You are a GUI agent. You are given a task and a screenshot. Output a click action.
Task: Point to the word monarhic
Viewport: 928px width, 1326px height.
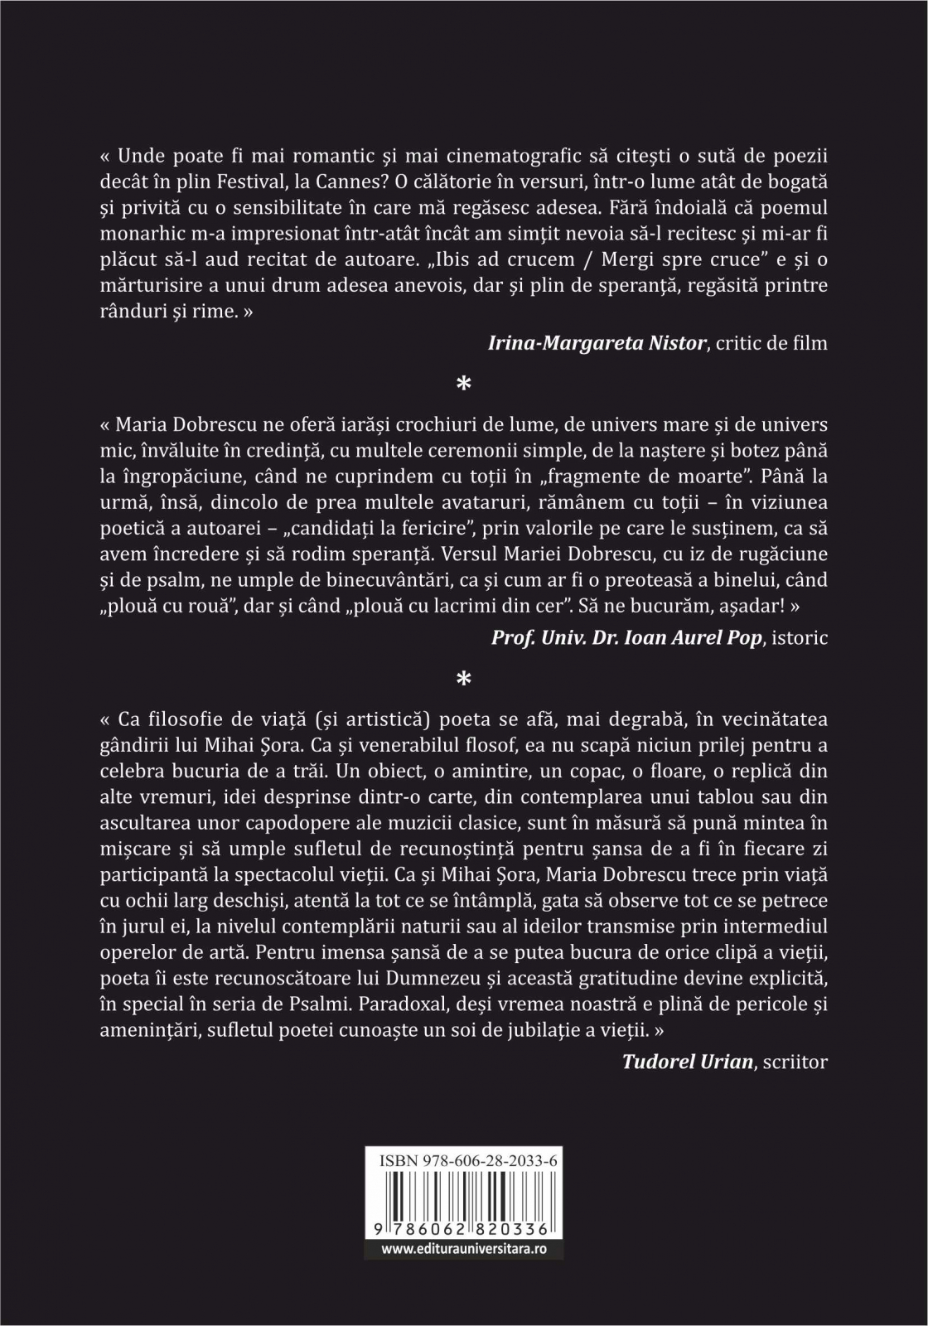point(146,233)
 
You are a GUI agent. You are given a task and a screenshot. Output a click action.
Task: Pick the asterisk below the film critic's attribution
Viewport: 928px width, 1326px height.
point(464,384)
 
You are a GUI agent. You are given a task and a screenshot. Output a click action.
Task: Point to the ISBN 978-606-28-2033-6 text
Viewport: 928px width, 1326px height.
point(464,1162)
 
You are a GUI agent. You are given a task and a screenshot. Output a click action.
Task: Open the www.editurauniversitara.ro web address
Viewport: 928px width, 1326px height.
point(464,1247)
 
